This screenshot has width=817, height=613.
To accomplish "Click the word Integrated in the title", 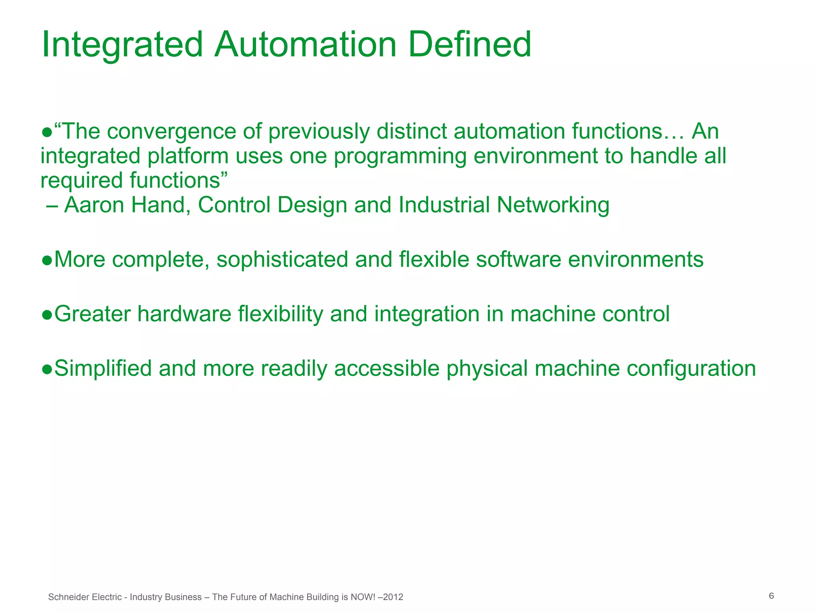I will click(122, 45).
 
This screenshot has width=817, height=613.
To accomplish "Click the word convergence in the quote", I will click(172, 132).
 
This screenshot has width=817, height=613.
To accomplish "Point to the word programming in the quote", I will click(400, 156).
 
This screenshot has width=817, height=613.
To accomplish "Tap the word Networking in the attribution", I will click(553, 205).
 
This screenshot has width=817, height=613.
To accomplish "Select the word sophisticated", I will click(282, 260).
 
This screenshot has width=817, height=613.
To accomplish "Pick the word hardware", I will click(184, 314).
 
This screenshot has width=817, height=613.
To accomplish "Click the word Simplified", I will click(103, 368).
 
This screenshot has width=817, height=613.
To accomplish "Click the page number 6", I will click(771, 596).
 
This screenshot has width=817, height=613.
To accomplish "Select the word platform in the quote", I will click(187, 156).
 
